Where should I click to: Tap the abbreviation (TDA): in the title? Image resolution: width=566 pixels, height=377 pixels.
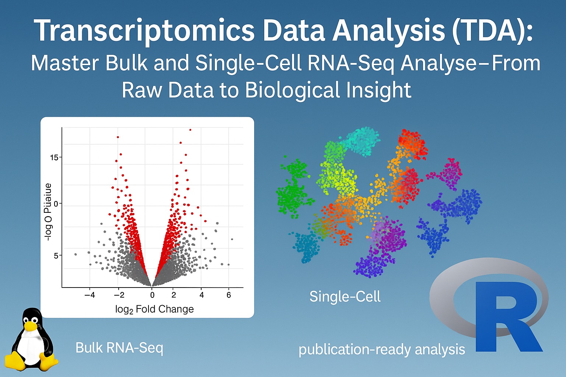click(492, 31)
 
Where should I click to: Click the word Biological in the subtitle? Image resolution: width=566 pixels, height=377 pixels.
click(291, 90)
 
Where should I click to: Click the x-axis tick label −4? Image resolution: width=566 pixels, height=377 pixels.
click(90, 295)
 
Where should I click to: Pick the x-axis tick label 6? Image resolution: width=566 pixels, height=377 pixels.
click(229, 295)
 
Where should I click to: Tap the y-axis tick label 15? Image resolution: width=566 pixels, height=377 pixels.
click(54, 158)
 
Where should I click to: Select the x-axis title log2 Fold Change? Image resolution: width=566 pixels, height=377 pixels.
click(154, 309)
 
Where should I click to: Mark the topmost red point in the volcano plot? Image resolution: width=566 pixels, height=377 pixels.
click(190, 130)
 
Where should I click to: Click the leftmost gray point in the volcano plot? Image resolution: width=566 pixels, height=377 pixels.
click(76, 254)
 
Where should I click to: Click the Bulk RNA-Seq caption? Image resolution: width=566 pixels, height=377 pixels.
click(119, 348)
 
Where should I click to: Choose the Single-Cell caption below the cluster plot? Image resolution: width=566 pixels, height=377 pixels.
click(345, 297)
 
